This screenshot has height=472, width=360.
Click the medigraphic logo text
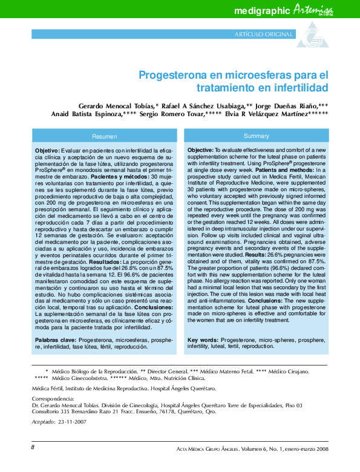point(261,11)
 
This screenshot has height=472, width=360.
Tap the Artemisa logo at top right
point(314,10)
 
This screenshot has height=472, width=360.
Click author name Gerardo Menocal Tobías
point(116,105)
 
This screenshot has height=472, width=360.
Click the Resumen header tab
point(104,136)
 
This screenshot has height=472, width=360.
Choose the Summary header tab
point(256,136)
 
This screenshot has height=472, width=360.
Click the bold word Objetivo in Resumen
point(47,150)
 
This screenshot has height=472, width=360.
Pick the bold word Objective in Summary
point(200,149)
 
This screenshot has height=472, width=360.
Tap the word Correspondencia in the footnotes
point(53,399)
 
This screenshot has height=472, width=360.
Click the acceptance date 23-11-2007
point(72,421)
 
